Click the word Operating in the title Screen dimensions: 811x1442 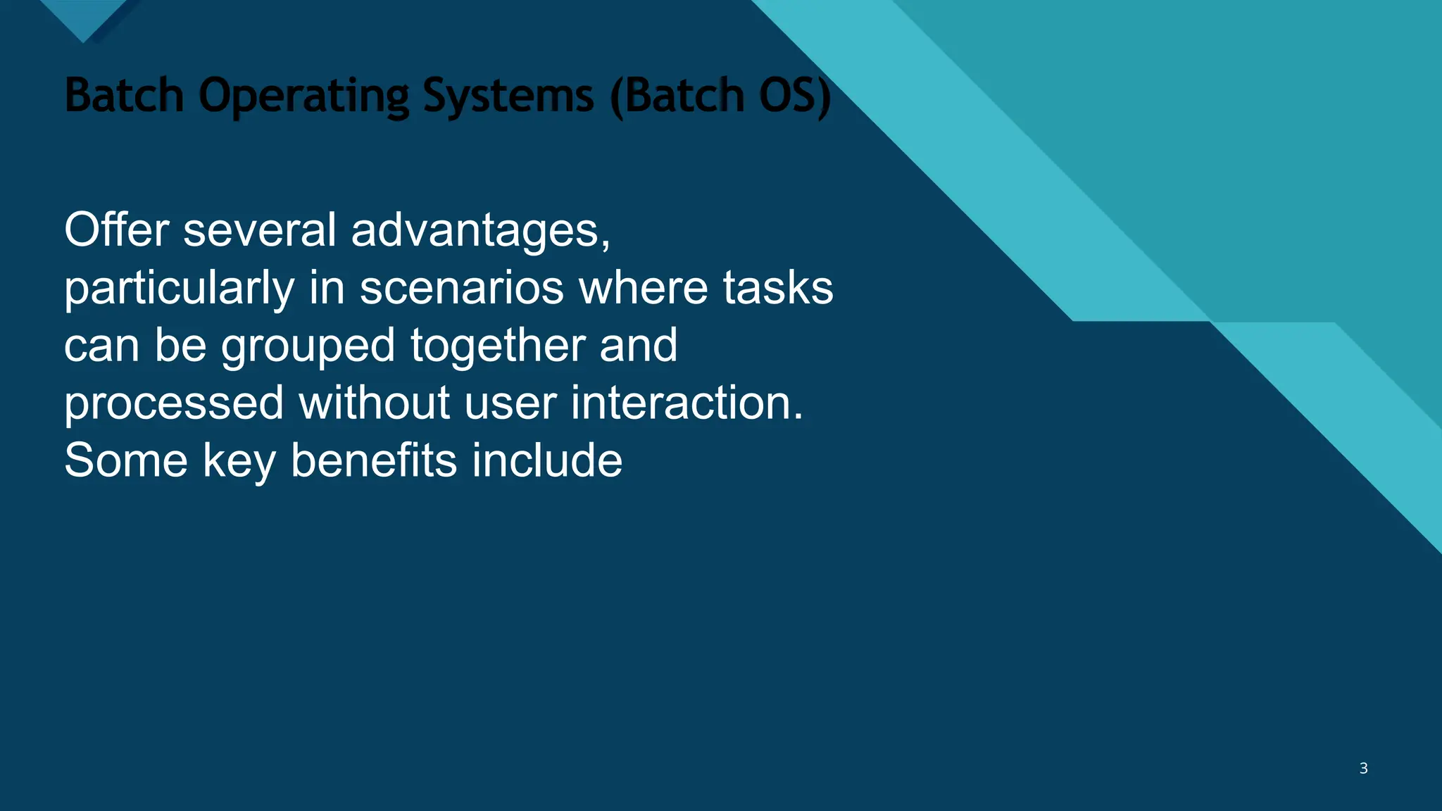point(303,96)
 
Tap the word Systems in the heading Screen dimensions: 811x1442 point(508,96)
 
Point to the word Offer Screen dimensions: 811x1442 point(116,230)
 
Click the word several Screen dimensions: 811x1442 point(260,230)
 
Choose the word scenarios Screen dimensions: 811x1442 point(462,288)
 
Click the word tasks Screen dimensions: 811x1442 point(778,288)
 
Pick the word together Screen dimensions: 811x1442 point(498,347)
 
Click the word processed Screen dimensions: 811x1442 point(174,405)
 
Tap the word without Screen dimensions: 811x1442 point(375,403)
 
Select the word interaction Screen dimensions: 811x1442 point(686,403)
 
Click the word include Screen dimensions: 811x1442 point(547,461)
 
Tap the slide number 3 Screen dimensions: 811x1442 point(1363,768)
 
